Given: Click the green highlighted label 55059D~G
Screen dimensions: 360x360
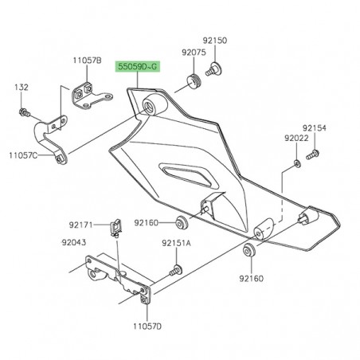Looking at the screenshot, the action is click(138, 67).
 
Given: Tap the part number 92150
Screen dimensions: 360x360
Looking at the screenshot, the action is click(215, 41).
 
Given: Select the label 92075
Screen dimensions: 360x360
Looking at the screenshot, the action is click(194, 53).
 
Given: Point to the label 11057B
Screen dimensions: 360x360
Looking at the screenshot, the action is click(87, 61).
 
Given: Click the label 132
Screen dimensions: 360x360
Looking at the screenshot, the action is click(22, 88).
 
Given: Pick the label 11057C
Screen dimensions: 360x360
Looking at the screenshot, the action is click(23, 155).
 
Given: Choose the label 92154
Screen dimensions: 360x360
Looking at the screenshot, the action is click(315, 128).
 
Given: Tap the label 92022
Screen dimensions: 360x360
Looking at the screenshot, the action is click(296, 139).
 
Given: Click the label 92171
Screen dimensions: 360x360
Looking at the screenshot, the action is click(81, 225).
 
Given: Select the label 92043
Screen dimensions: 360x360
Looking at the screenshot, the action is click(74, 242).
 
